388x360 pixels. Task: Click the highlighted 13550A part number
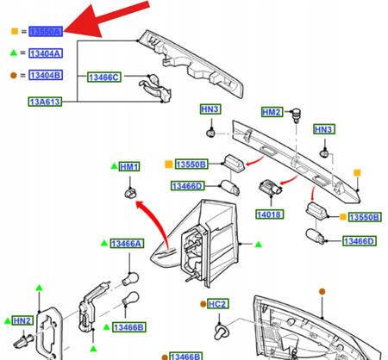(x=45, y=31)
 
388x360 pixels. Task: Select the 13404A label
(x=45, y=53)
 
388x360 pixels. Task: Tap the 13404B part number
(x=45, y=75)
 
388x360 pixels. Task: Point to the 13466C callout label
(x=103, y=78)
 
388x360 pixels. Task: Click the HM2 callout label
(x=272, y=113)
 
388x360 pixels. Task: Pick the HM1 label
(x=129, y=165)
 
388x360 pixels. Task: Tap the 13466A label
(x=126, y=245)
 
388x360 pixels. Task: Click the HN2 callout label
(x=22, y=320)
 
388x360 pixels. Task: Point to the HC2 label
(x=217, y=304)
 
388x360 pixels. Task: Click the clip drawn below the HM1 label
(x=129, y=190)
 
